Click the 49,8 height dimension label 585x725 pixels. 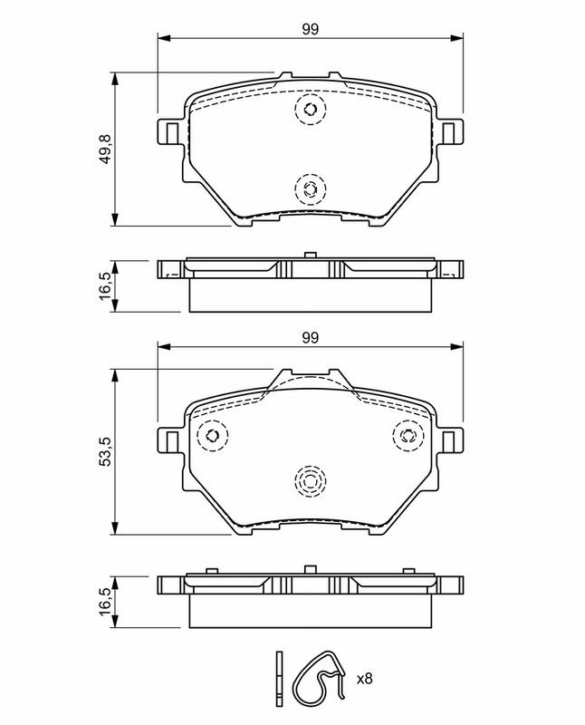106,149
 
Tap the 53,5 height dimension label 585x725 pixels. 106,451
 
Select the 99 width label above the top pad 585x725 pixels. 311,29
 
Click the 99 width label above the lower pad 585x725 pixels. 311,337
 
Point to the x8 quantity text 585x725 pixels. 364,679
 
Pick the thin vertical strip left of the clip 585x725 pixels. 279,679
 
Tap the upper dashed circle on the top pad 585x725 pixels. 311,109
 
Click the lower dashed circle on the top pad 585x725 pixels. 311,188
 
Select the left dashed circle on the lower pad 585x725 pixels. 213,436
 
